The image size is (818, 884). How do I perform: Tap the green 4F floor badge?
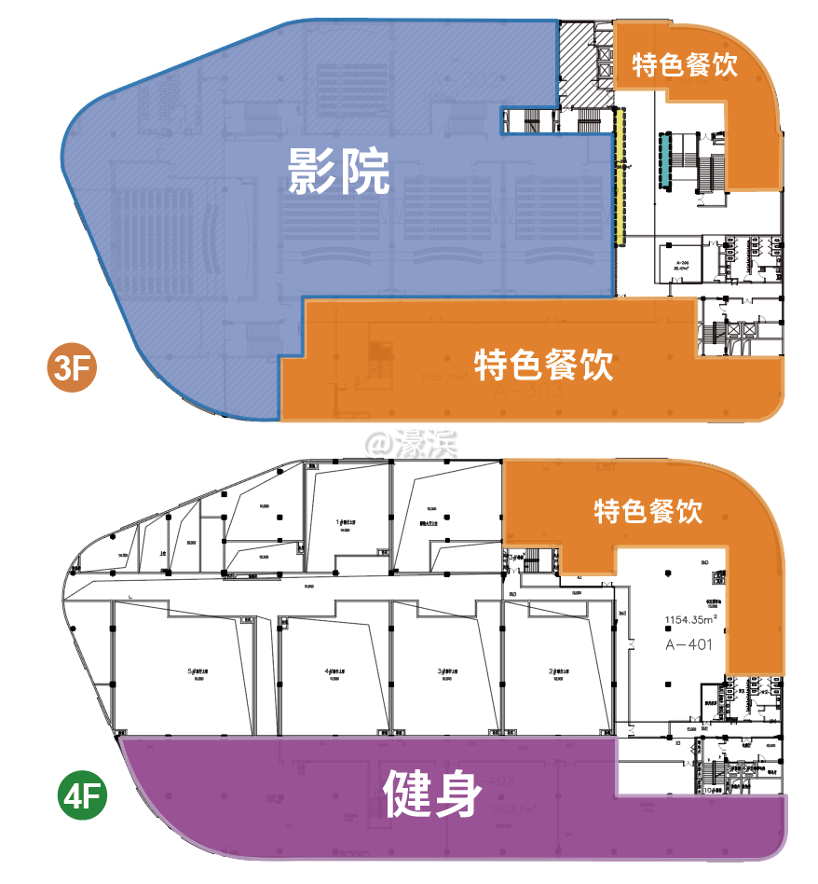click(x=82, y=799)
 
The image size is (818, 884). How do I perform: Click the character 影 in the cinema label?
click(x=312, y=172)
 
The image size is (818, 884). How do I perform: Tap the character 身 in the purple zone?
click(x=460, y=794)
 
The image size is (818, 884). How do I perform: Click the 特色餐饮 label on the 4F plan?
click(x=648, y=511)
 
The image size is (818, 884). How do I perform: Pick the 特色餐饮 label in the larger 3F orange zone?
click(x=544, y=364)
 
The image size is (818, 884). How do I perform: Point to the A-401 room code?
click(x=688, y=644)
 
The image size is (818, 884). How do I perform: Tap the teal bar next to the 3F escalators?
click(x=666, y=159)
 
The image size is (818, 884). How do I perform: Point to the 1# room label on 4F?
click(x=347, y=523)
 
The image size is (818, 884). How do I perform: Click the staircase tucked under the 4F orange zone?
click(x=532, y=562)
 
